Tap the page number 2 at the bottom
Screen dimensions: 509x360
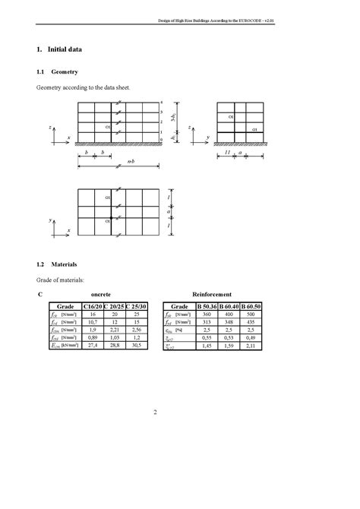155,413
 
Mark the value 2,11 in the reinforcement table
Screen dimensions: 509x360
251,346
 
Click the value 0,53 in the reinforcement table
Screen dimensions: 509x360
229,338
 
